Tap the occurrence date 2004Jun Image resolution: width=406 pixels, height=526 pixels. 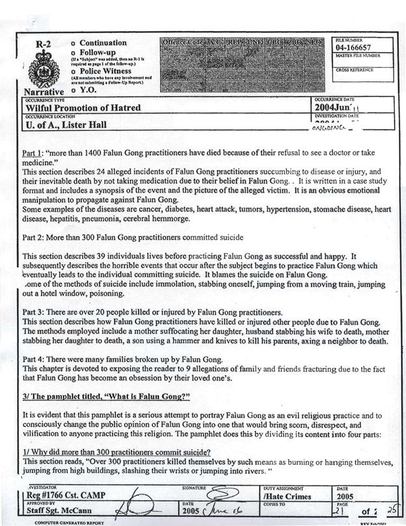click(336, 107)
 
